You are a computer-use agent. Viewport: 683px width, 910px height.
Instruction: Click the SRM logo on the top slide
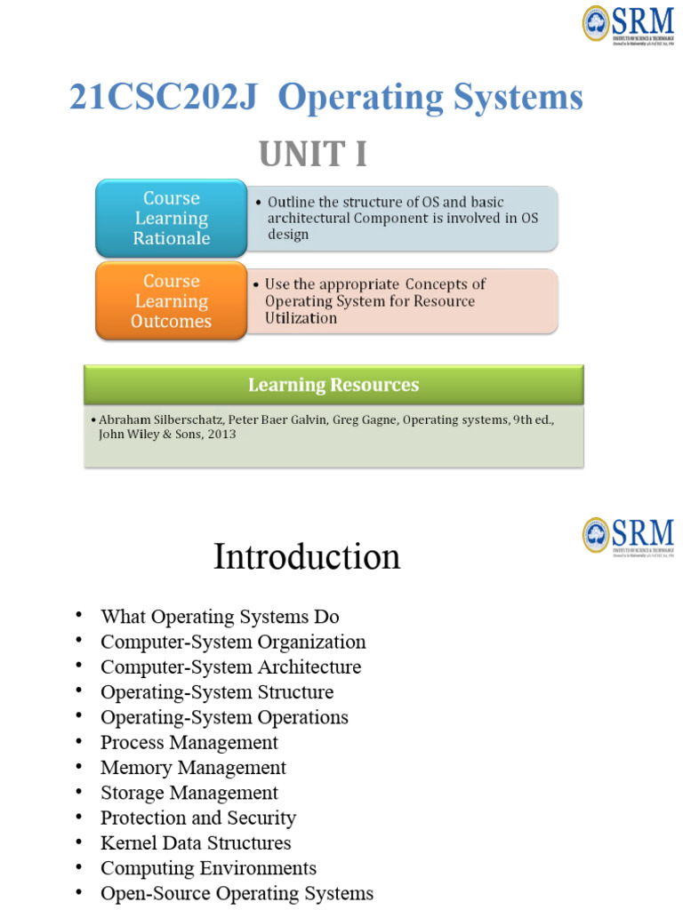pyautogui.click(x=627, y=24)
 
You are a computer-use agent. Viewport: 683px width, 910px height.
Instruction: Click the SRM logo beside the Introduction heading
pyautogui.click(x=627, y=536)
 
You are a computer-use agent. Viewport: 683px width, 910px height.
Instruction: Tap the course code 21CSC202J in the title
pyautogui.click(x=164, y=97)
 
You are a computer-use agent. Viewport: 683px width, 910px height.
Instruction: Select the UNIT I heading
pyautogui.click(x=313, y=155)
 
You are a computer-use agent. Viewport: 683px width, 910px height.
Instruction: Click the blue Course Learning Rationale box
pyautogui.click(x=171, y=218)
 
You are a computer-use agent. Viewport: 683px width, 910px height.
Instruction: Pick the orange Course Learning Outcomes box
pyautogui.click(x=171, y=301)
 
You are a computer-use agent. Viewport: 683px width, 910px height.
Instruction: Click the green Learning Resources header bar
pyautogui.click(x=333, y=385)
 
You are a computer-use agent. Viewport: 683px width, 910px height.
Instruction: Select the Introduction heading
pyautogui.click(x=307, y=557)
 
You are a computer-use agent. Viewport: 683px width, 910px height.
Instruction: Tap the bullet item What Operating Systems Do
pyautogui.click(x=220, y=617)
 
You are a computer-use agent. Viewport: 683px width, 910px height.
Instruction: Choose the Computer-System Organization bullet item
pyautogui.click(x=233, y=642)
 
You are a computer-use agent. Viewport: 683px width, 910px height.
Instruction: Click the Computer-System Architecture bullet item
pyautogui.click(x=230, y=667)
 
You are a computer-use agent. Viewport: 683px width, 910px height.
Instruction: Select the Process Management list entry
pyautogui.click(x=189, y=742)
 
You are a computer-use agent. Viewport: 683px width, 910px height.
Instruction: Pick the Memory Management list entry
pyautogui.click(x=193, y=767)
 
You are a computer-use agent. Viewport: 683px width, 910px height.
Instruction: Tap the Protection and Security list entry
pyautogui.click(x=198, y=818)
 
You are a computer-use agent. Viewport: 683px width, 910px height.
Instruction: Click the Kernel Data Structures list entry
pyautogui.click(x=196, y=842)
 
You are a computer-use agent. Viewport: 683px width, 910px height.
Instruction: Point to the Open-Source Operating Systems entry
pyautogui.click(x=237, y=893)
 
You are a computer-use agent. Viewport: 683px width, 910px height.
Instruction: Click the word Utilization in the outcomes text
pyautogui.click(x=301, y=318)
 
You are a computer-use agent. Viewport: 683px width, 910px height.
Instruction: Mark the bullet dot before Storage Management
pyautogui.click(x=79, y=792)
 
